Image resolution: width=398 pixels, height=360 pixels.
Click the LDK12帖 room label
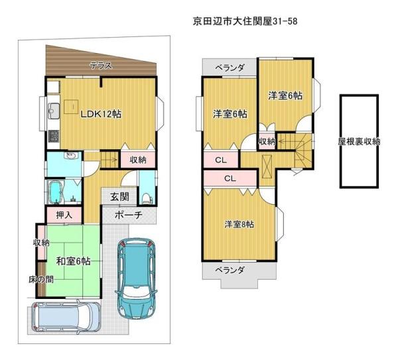pyautogui.click(x=101, y=113)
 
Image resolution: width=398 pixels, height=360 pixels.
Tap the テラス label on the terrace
pyautogui.click(x=101, y=65)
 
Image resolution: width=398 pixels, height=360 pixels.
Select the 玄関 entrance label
pyautogui.click(x=119, y=197)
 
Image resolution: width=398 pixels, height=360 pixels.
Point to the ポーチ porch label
pyautogui.click(x=127, y=215)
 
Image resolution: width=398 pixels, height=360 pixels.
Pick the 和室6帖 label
pyautogui.click(x=73, y=261)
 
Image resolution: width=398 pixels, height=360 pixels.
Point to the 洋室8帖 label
pyautogui.click(x=238, y=224)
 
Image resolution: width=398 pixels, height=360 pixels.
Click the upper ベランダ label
pyautogui.click(x=230, y=68)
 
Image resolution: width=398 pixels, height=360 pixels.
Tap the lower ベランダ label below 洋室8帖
pyautogui.click(x=230, y=270)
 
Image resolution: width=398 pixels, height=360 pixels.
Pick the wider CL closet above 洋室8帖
pyautogui.click(x=230, y=178)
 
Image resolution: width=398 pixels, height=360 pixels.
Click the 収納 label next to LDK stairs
pyautogui.click(x=138, y=160)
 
